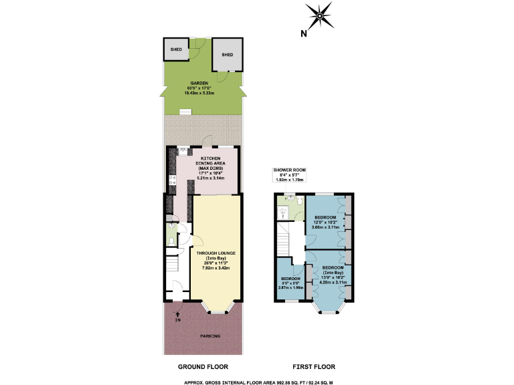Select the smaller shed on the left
click(x=176, y=49)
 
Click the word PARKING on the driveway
click(x=210, y=336)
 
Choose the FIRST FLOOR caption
click(x=314, y=367)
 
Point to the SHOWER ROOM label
click(x=289, y=171)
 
